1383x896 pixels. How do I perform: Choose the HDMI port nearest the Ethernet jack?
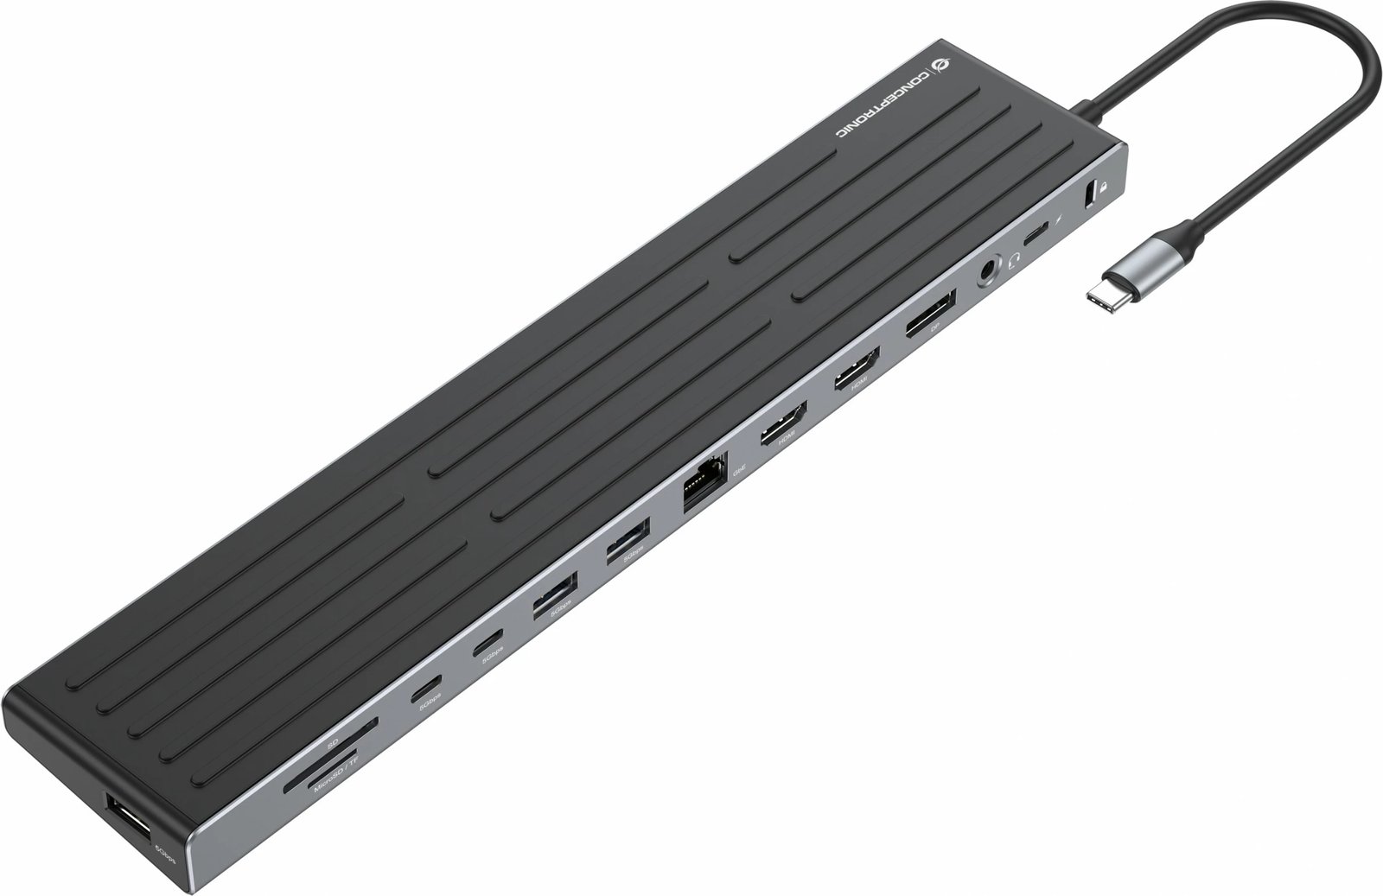click(783, 423)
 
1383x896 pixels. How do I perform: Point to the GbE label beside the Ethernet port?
click(738, 472)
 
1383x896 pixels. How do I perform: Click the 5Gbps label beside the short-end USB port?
click(161, 849)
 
